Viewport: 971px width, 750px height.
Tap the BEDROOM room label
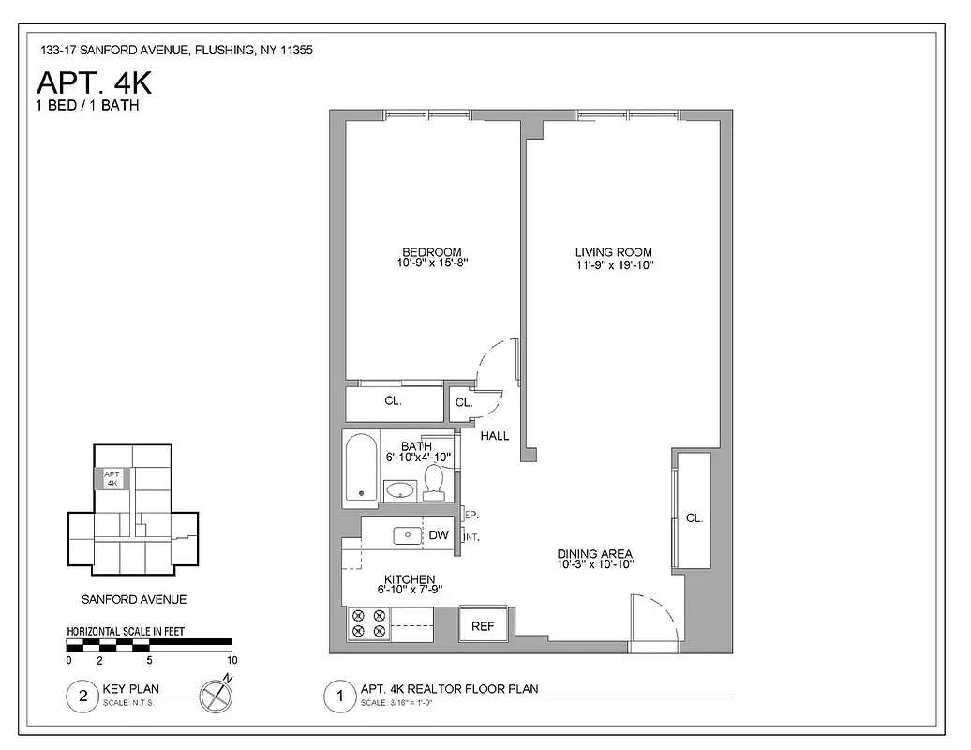(x=431, y=252)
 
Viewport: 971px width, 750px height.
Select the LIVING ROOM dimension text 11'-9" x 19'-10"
(x=614, y=265)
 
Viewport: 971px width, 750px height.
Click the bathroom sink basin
(x=400, y=488)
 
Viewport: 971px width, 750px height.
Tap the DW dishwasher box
(x=439, y=535)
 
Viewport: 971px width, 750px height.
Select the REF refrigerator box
(x=483, y=625)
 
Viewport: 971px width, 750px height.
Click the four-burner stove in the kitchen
(x=367, y=623)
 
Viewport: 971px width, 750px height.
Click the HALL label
(x=495, y=436)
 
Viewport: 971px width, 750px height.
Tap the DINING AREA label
(x=594, y=553)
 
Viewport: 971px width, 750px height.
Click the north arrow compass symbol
(x=216, y=696)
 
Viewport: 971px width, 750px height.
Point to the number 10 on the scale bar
(x=232, y=660)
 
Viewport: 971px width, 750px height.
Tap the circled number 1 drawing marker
(x=339, y=696)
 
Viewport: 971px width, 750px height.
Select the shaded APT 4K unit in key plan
(x=112, y=478)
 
